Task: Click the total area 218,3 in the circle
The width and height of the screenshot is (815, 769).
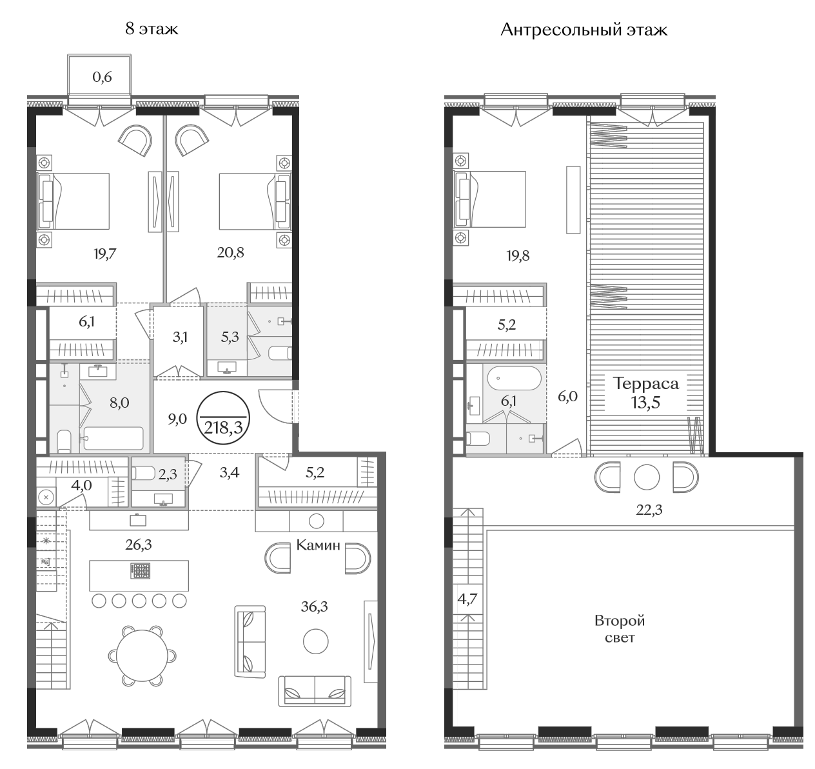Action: tap(224, 428)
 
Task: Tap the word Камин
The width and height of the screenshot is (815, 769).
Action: tap(318, 545)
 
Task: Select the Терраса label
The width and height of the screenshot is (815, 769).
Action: tap(646, 383)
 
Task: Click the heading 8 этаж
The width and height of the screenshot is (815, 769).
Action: tap(152, 29)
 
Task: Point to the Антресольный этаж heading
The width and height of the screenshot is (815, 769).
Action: tap(584, 30)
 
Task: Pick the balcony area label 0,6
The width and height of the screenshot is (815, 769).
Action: tap(102, 77)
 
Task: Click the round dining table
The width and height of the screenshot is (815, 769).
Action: tap(142, 655)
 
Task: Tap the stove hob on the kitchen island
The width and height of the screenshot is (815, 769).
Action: tap(141, 571)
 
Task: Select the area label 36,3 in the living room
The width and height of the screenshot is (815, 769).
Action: tap(315, 606)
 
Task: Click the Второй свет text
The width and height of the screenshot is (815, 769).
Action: tap(620, 629)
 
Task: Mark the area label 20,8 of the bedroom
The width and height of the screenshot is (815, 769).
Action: tap(230, 252)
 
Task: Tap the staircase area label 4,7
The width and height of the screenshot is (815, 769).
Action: tap(467, 599)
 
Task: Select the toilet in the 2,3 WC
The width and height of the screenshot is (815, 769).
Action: tap(143, 474)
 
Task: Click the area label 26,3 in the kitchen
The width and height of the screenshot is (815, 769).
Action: tap(138, 544)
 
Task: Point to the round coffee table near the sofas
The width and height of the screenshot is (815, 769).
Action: tap(315, 641)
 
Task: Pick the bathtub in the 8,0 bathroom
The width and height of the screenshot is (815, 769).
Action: tap(113, 438)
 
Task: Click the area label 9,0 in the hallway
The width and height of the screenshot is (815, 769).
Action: tap(177, 419)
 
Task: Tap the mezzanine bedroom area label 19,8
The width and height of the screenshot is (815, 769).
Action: tap(518, 255)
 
